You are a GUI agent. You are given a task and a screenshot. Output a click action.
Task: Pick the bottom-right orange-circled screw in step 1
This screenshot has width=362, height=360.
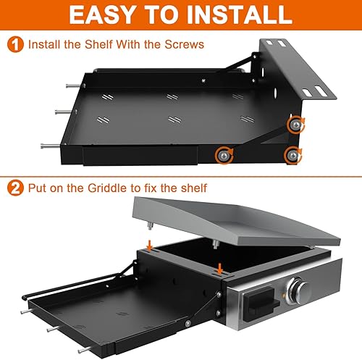click(x=292, y=153)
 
